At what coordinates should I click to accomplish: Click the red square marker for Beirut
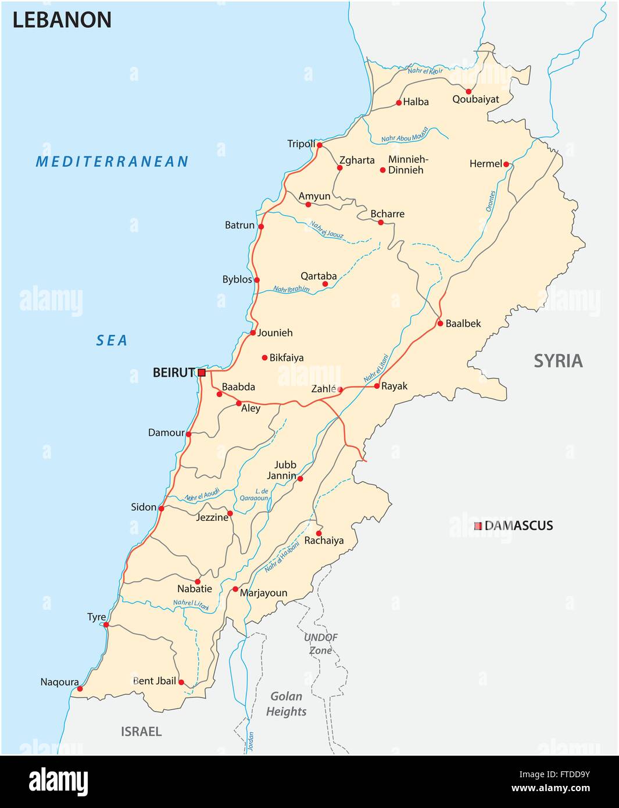202,373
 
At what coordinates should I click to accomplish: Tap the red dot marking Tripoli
319,145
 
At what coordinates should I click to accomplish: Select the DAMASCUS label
518,525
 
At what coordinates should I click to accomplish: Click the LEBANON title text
62,20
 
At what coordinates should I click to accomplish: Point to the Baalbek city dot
441,323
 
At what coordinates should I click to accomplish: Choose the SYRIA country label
558,361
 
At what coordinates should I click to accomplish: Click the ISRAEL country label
141,731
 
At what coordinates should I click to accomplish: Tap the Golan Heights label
286,703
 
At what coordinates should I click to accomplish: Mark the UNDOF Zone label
321,643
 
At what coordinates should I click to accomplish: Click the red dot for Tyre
106,625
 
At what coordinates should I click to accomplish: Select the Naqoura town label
59,682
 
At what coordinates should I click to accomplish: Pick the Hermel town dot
506,165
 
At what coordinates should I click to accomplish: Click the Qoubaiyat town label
475,99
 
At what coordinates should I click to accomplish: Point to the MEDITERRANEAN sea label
112,162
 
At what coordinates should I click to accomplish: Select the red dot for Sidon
161,509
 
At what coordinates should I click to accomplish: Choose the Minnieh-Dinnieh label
408,165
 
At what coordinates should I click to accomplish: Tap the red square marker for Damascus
478,526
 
